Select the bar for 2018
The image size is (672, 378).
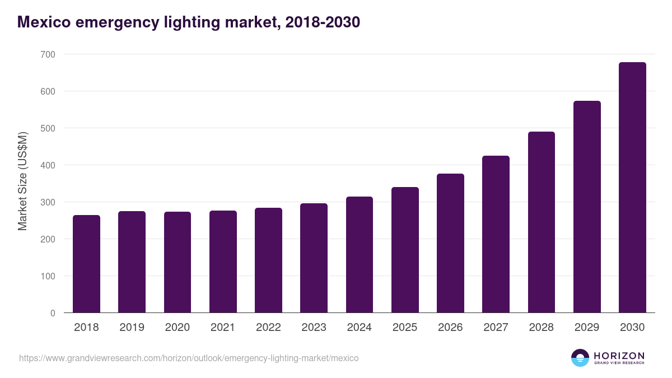(86, 264)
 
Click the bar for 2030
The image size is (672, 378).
(632, 188)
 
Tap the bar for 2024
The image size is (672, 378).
(360, 255)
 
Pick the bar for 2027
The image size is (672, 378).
(496, 234)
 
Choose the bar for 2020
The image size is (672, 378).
(178, 262)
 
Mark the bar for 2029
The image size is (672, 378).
(587, 207)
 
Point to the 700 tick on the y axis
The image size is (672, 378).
(48, 54)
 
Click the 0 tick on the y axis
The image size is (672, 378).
(53, 313)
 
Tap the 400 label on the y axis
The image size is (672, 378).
(48, 165)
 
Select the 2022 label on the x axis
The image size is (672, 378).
(268, 328)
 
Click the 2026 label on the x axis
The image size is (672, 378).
(450, 328)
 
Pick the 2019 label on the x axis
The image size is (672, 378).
(132, 328)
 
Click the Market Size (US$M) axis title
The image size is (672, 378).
(22, 181)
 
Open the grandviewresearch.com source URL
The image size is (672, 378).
(189, 358)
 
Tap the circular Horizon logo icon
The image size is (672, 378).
(580, 358)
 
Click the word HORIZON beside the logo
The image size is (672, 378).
(619, 355)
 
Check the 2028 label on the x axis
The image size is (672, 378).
(541, 328)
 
